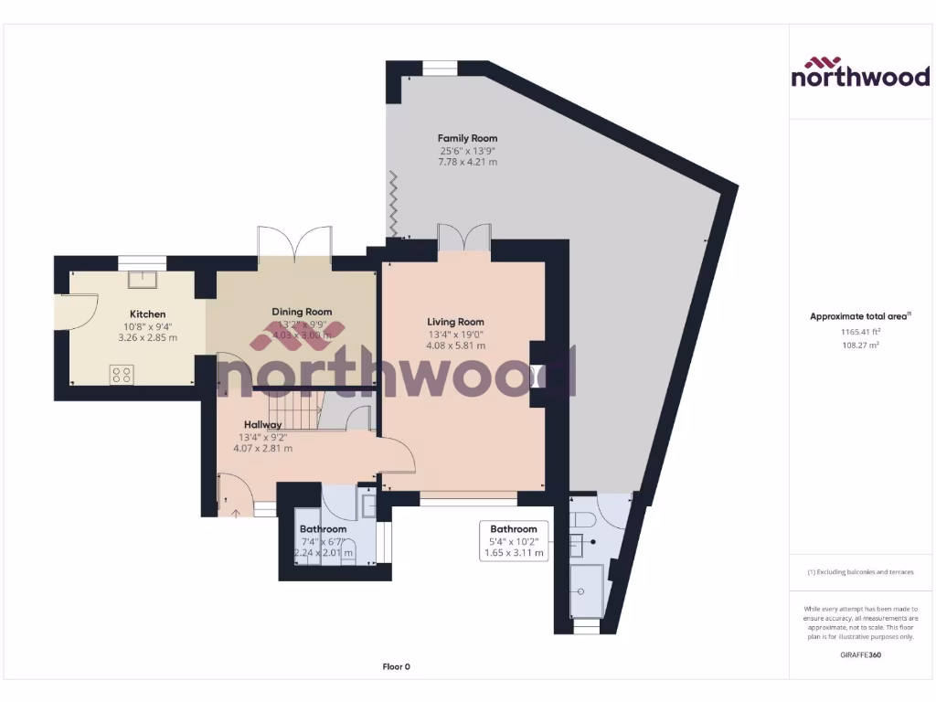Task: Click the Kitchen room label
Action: click(147, 314)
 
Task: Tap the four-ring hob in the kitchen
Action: click(122, 374)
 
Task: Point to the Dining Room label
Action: click(302, 312)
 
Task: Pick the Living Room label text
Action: click(455, 322)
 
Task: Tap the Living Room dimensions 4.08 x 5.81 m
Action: click(455, 346)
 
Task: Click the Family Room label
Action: click(468, 138)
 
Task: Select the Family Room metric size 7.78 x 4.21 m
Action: click(468, 162)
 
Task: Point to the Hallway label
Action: click(262, 424)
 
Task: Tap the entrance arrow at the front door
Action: click(236, 512)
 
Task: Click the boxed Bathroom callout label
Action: click(514, 540)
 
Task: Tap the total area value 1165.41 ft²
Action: click(859, 332)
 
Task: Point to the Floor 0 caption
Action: click(396, 666)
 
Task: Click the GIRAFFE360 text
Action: click(859, 654)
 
